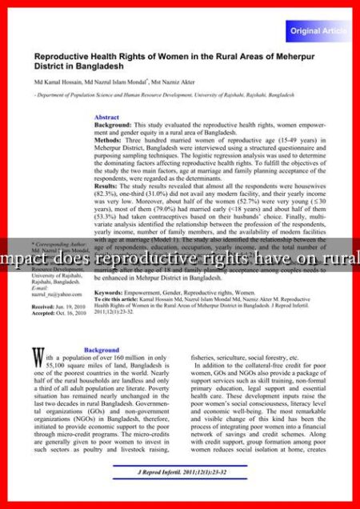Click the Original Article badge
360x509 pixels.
317,30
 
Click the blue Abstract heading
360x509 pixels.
106,118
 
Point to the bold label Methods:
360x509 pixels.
109,140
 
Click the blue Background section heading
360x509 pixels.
102,351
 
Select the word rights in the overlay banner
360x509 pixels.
222,258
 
